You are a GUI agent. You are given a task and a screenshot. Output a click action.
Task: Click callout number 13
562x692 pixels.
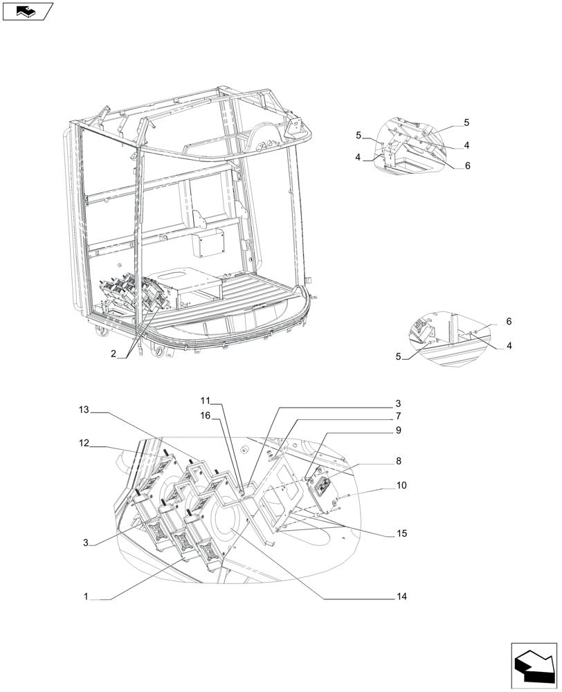click(x=84, y=410)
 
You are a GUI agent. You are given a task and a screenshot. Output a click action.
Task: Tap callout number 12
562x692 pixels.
click(x=84, y=444)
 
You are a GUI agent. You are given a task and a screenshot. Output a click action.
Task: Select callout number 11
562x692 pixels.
click(x=205, y=401)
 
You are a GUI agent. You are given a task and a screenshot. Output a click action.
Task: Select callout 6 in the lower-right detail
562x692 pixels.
click(x=509, y=322)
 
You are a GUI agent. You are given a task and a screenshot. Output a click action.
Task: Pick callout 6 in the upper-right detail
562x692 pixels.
click(x=467, y=166)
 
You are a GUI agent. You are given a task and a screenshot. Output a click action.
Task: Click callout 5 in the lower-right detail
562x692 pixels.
click(x=398, y=356)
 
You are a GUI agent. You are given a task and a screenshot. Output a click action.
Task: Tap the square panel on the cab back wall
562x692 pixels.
click(x=208, y=244)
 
